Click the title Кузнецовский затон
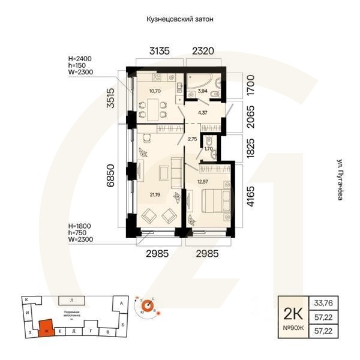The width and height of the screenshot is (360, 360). pos(180,19)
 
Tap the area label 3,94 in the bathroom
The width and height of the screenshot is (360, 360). pos(202,91)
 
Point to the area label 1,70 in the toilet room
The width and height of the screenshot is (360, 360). pos(208,148)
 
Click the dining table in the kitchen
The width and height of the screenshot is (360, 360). pos(152,109)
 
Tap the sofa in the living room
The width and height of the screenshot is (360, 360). pos(176,173)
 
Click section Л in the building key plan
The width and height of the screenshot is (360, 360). pos(71,299)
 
